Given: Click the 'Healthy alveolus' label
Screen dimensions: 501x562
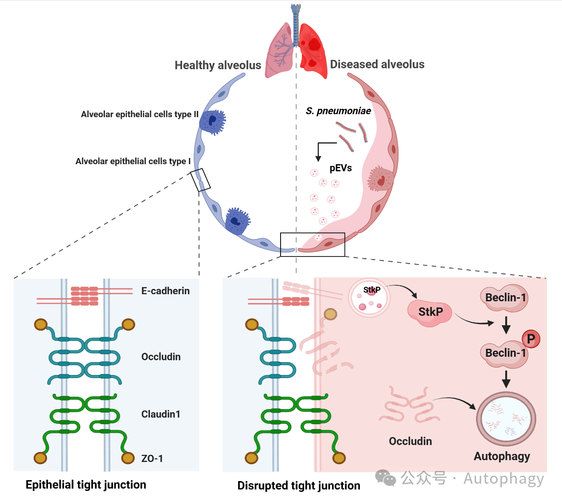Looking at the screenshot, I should (x=218, y=65).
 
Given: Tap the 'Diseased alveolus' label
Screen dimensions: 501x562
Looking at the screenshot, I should (x=377, y=64).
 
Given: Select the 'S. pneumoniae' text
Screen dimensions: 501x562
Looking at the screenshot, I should (x=338, y=111).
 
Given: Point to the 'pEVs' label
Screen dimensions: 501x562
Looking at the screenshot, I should (x=340, y=168).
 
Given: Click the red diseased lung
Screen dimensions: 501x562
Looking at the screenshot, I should (x=313, y=51).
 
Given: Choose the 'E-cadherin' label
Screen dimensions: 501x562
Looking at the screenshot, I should (x=165, y=291).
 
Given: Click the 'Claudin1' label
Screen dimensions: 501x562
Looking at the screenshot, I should (x=160, y=414).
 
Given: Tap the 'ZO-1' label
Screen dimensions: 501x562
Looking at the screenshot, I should (x=152, y=458).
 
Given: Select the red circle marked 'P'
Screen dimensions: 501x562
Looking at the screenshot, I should (x=531, y=339).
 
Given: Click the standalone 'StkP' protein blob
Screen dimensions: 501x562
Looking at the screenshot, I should (x=430, y=312).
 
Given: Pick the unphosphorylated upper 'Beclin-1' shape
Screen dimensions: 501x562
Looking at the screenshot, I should (x=504, y=297).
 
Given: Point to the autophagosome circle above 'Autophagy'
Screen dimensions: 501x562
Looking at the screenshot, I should (x=506, y=419).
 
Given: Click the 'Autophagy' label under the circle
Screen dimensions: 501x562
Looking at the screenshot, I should (x=502, y=456).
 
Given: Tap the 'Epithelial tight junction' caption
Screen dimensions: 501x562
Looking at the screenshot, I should (x=86, y=485).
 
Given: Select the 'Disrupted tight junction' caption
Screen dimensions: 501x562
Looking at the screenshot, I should (x=299, y=485).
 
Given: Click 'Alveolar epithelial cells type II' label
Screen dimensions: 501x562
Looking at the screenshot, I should (x=140, y=114).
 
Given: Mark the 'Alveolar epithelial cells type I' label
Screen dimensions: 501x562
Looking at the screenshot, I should (x=133, y=162).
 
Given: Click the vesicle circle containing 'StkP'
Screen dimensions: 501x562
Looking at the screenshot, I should (x=369, y=297).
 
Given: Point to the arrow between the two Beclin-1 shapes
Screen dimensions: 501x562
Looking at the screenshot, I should (x=506, y=325).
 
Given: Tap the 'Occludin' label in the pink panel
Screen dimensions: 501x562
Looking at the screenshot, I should (x=410, y=441).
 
